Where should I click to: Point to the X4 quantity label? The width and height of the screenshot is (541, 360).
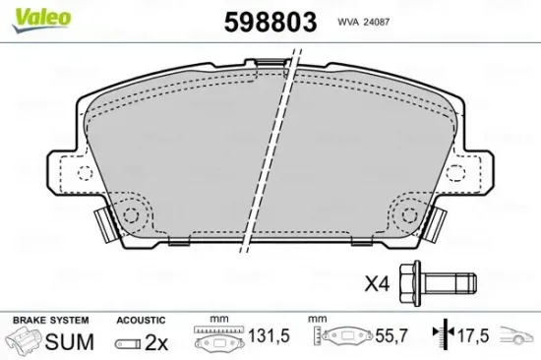pyautogui.click(x=379, y=285)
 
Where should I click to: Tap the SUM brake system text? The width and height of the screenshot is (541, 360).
pyautogui.click(x=70, y=341)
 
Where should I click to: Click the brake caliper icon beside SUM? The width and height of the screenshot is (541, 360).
pyautogui.click(x=27, y=341)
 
